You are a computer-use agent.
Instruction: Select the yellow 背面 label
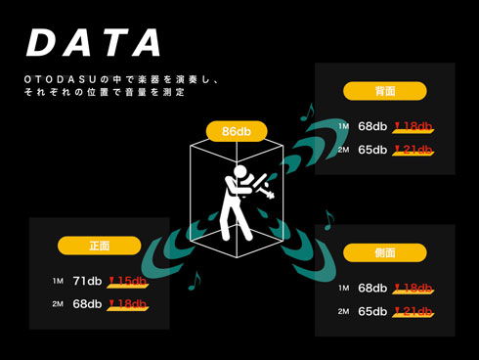click(x=385, y=90)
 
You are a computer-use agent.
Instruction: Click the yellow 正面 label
click(x=98, y=246)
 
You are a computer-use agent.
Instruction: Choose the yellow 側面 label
click(x=385, y=251)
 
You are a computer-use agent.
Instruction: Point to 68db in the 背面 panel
click(x=372, y=126)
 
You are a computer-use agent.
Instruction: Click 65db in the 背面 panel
click(x=372, y=150)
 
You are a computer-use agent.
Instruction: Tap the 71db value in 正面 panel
click(x=87, y=282)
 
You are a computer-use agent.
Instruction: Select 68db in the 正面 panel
click(x=87, y=304)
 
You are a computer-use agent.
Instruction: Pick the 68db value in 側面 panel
click(x=372, y=289)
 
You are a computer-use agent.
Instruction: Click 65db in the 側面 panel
click(x=372, y=311)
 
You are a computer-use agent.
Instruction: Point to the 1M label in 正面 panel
click(x=58, y=282)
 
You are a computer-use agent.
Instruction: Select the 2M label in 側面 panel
click(x=343, y=311)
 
